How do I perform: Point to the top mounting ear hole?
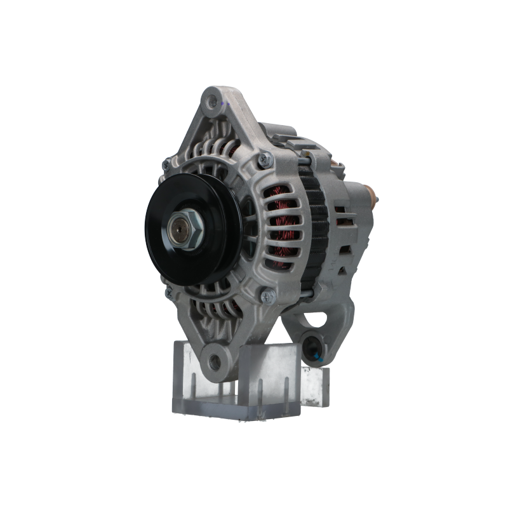pyautogui.click(x=211, y=99)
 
